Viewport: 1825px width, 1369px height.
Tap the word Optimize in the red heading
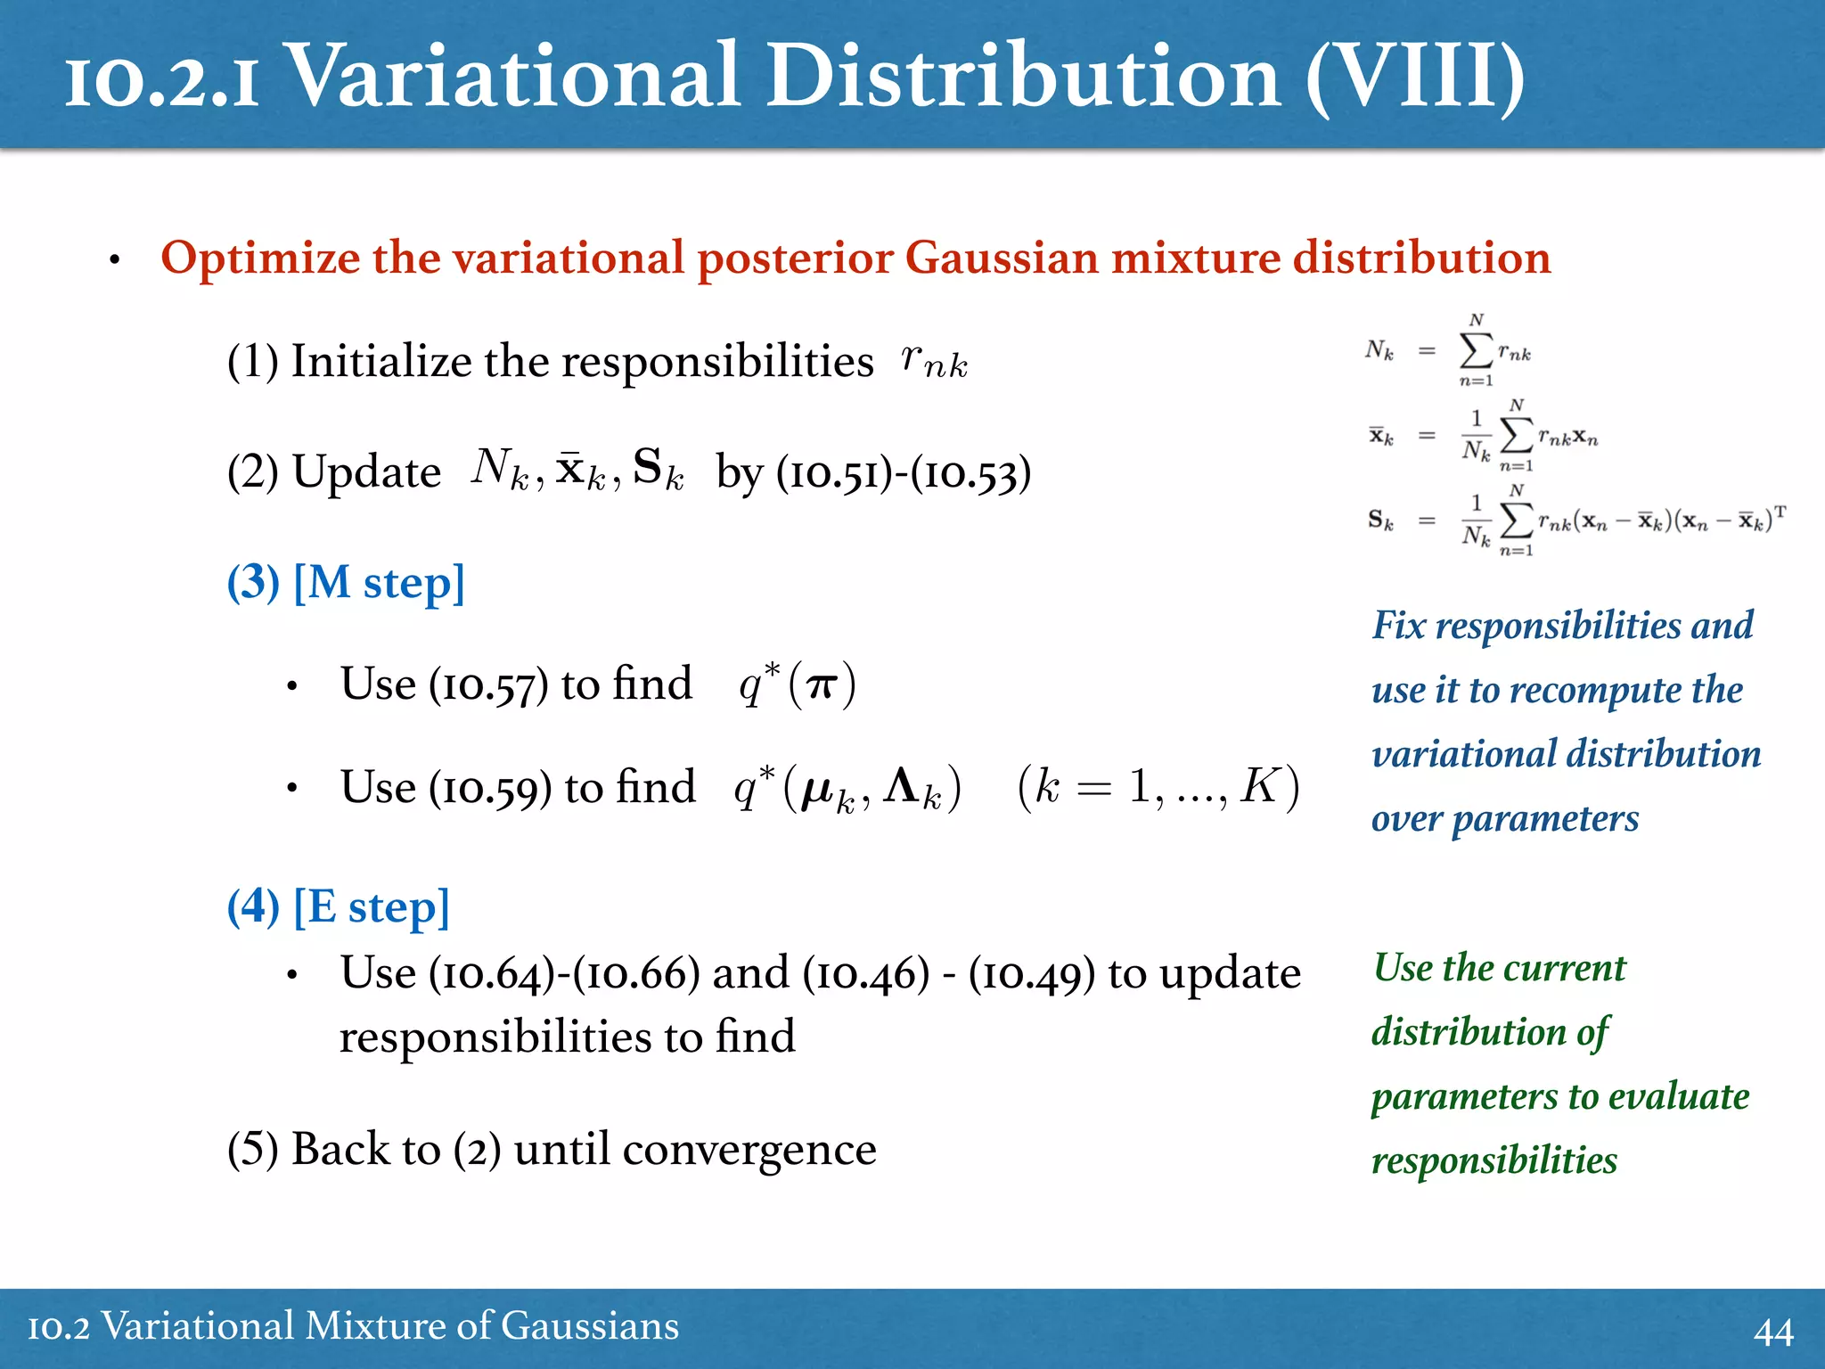pyautogui.click(x=259, y=258)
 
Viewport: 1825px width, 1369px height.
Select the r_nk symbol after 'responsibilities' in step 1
pyautogui.click(x=933, y=361)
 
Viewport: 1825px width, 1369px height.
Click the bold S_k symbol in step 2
pyautogui.click(x=658, y=469)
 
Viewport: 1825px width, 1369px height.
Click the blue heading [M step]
pyautogui.click(x=379, y=583)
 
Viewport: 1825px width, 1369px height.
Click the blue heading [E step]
pyautogui.click(x=371, y=907)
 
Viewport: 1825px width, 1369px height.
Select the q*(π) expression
pyautogui.click(x=798, y=684)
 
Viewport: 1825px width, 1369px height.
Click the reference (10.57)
pyautogui.click(x=488, y=685)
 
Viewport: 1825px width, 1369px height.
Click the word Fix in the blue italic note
pyautogui.click(x=1398, y=625)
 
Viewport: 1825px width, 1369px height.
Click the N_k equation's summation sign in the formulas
pyautogui.click(x=1475, y=350)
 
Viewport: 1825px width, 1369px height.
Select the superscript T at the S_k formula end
pyautogui.click(x=1780, y=512)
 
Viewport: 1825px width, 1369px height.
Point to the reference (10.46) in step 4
pyautogui.click(x=866, y=973)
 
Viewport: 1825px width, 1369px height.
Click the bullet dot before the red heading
pyautogui.click(x=114, y=261)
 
